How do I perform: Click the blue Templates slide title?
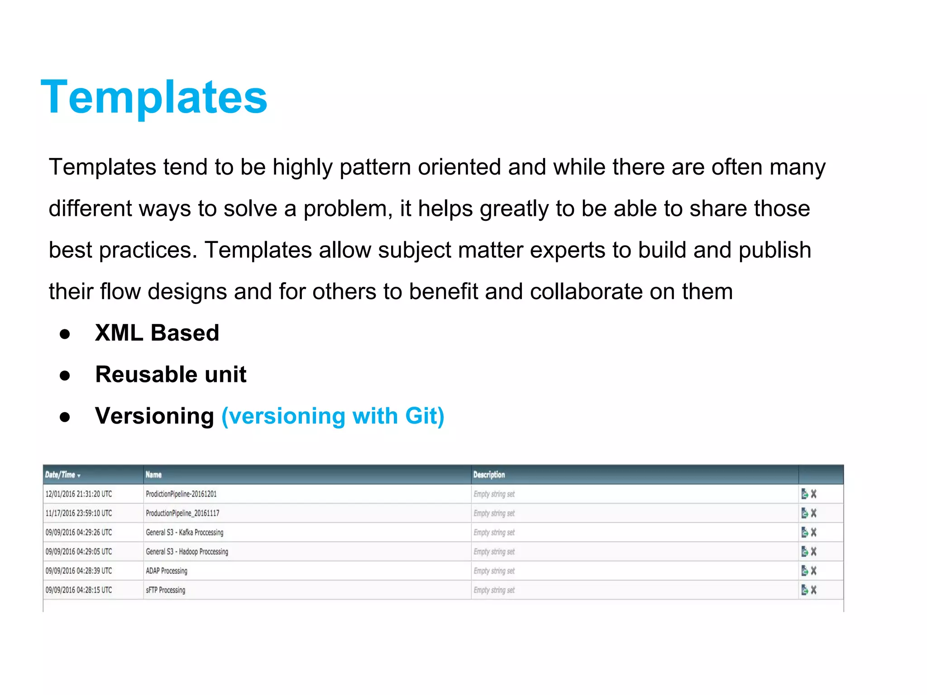[154, 97]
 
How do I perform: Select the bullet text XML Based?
[157, 333]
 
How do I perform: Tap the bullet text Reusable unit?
[171, 375]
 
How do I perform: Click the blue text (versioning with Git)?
[333, 416]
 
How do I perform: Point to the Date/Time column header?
[60, 475]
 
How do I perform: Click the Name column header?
[153, 475]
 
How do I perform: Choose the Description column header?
[489, 475]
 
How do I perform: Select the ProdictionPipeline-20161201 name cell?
[181, 494]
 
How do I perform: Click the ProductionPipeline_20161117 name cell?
[182, 513]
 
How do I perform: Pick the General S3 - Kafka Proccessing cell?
[185, 533]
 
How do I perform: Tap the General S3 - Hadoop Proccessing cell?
[187, 552]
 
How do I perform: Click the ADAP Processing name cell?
[167, 571]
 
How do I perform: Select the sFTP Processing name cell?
[165, 590]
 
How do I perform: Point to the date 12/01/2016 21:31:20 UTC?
[79, 494]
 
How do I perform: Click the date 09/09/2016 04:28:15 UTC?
[79, 590]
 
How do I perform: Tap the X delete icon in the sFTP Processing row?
[813, 590]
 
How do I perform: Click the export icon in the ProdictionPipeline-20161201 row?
[804, 494]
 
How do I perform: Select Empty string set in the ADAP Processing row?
[494, 571]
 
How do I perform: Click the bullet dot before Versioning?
[65, 417]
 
